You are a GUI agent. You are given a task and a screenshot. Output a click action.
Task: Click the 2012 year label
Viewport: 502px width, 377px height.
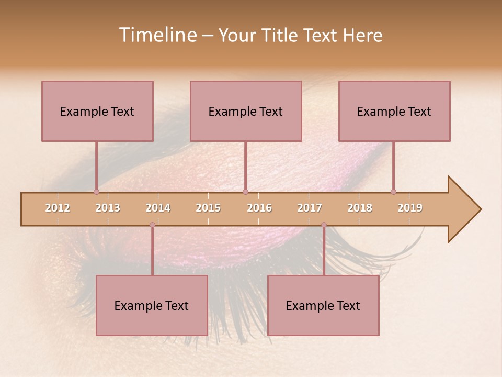point(58,208)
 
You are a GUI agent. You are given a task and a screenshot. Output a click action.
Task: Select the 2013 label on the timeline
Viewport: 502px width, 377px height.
point(108,208)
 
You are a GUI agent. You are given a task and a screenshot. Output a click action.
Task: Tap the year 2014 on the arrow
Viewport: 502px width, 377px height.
point(158,208)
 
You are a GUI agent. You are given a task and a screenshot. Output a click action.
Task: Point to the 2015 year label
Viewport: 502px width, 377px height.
point(208,208)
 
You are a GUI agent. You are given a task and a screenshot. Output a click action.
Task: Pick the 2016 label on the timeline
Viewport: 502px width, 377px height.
point(259,208)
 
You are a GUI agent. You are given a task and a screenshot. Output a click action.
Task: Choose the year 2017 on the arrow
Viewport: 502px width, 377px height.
point(310,208)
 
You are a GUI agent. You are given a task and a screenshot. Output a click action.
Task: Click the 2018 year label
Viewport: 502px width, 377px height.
point(360,208)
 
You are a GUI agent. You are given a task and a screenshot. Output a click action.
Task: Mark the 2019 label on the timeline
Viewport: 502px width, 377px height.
point(410,208)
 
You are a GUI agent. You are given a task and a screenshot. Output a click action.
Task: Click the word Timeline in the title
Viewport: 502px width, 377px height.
point(157,35)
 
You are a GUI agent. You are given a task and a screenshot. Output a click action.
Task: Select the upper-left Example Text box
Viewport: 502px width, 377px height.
point(97,111)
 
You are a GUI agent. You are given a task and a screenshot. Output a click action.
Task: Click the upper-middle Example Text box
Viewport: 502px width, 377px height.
point(246,111)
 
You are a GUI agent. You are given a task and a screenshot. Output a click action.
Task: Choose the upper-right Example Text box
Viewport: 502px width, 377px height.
point(394,111)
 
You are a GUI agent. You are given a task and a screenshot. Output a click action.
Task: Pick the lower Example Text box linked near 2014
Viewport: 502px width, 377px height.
point(152,305)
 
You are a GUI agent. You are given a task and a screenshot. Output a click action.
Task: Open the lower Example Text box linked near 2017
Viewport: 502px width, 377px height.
point(323,305)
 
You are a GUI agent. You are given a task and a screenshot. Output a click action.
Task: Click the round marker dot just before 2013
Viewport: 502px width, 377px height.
point(96,192)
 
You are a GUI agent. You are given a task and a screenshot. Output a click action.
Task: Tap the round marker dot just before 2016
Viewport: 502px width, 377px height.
point(246,192)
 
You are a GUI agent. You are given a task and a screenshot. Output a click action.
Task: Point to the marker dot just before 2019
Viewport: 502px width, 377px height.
point(394,192)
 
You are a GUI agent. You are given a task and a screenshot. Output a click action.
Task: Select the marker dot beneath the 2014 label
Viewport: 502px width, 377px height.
point(152,225)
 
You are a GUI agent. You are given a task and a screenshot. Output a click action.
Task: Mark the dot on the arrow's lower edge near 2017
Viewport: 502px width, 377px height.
point(324,225)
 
